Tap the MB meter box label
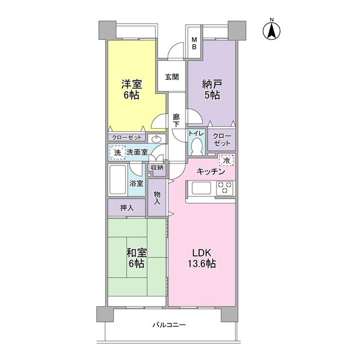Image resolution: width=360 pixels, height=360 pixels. (x=194, y=44)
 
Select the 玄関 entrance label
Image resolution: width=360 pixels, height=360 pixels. (x=172, y=77)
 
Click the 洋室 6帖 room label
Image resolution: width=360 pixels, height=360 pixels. (x=132, y=89)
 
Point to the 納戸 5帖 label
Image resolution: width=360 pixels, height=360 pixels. (x=212, y=89)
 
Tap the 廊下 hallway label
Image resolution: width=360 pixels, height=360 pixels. (x=176, y=121)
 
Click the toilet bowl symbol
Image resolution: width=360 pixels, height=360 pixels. (x=197, y=146)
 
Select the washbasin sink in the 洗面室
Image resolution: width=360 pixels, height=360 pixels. (x=156, y=139)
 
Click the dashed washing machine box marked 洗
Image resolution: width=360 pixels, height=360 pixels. (x=118, y=152)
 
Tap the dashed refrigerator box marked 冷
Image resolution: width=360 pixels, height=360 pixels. (x=226, y=160)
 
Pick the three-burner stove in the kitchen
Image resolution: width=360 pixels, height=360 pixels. (x=224, y=188)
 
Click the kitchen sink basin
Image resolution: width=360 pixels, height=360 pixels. (x=201, y=188)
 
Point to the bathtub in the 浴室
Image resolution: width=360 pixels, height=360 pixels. (x=118, y=180)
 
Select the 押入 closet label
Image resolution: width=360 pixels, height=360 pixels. (x=127, y=208)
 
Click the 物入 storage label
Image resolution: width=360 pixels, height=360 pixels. (x=157, y=198)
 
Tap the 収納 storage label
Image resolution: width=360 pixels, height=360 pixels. (x=157, y=168)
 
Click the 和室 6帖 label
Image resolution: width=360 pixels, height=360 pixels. (x=136, y=258)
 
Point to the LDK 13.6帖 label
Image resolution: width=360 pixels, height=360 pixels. (x=202, y=258)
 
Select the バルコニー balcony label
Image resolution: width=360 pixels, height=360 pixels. (x=169, y=325)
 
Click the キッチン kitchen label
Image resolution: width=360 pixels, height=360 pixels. (x=211, y=172)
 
